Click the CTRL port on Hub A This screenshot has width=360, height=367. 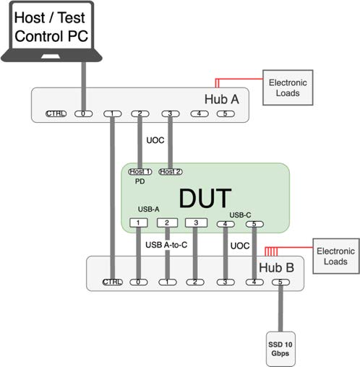tap(56, 113)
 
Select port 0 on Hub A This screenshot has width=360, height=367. tap(83, 113)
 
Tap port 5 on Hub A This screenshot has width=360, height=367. tap(226, 113)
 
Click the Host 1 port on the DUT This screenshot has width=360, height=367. tap(140, 172)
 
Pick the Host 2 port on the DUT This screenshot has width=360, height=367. tap(171, 172)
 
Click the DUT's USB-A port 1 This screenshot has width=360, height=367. tap(138, 223)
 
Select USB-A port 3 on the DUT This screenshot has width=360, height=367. tap(196, 223)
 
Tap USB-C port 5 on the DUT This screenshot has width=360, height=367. tap(254, 224)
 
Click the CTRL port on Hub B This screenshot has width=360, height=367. tap(113, 282)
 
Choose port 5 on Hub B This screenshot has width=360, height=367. tap(280, 282)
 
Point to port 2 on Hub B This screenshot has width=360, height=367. tap(195, 282)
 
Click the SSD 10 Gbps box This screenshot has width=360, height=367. tap(280, 349)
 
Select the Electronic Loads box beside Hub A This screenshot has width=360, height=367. tap(288, 87)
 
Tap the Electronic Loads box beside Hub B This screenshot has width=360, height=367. tap(336, 256)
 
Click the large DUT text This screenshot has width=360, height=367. tap(205, 199)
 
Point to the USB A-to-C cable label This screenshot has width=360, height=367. tap(166, 245)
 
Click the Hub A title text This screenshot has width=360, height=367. tap(222, 99)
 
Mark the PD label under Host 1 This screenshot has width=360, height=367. tap(140, 181)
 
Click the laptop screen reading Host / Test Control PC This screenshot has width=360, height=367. tap(51, 27)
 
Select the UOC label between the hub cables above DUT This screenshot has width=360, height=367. tap(155, 140)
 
